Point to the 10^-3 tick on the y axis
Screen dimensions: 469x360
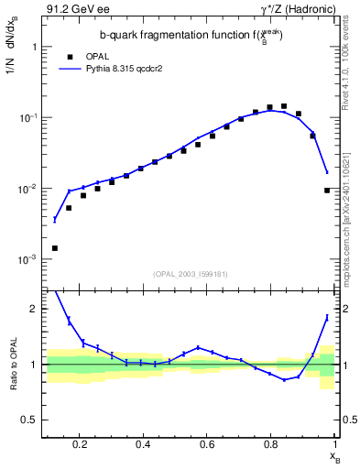click(27, 260)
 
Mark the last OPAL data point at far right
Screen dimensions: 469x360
click(327, 191)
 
